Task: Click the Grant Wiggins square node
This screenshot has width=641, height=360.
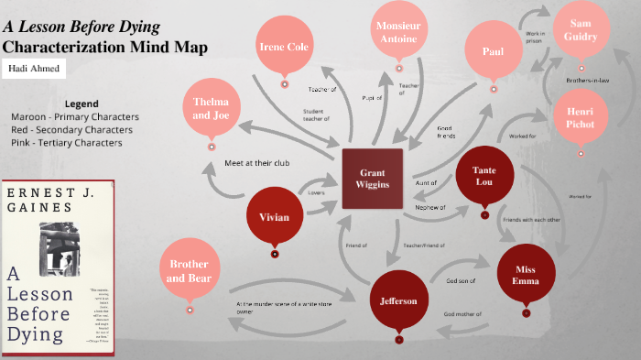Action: (x=372, y=177)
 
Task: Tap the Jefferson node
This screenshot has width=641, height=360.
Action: (x=398, y=300)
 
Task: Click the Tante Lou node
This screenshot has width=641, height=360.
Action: (x=484, y=177)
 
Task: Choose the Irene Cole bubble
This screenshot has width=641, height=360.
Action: (x=285, y=47)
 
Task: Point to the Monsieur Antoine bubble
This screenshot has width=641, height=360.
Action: (x=397, y=32)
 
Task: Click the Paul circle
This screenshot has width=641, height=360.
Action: (x=493, y=51)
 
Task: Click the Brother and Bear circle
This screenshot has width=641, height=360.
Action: (x=189, y=270)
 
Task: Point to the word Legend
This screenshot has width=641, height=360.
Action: (x=82, y=104)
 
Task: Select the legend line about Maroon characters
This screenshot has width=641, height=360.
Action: (x=75, y=117)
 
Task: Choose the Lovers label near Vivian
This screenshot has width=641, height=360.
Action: (x=315, y=193)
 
